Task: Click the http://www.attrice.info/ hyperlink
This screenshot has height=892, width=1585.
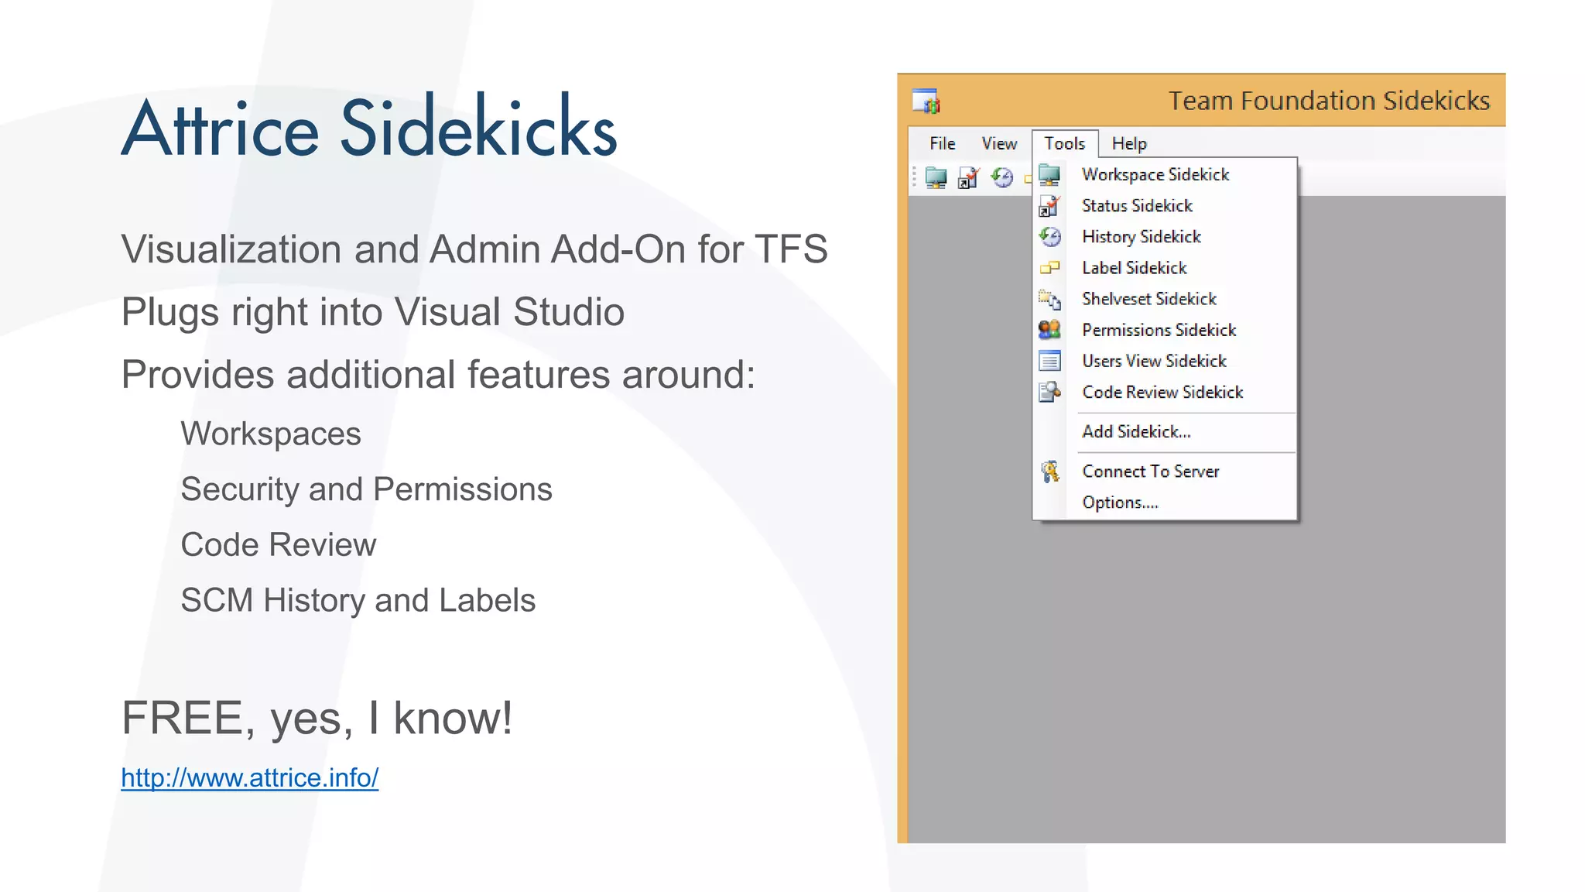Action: point(249,777)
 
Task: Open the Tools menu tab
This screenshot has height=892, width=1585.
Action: point(1064,143)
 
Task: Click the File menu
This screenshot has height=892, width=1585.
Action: point(942,143)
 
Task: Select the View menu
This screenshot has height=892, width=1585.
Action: point(998,143)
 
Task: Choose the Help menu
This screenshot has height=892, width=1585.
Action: point(1128,143)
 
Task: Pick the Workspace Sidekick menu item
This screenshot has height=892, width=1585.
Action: point(1155,174)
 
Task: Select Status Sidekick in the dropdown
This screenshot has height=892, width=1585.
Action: point(1136,205)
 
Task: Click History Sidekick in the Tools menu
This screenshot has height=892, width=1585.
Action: point(1141,236)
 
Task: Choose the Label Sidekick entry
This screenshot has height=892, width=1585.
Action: point(1134,267)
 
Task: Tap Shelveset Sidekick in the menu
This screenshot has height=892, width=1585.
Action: point(1149,298)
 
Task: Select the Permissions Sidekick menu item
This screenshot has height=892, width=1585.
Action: point(1159,330)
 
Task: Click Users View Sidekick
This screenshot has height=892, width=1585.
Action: point(1154,361)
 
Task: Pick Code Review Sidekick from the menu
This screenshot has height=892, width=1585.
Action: point(1162,392)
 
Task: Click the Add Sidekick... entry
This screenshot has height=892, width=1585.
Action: point(1136,431)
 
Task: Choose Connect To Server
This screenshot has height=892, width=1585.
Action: point(1150,471)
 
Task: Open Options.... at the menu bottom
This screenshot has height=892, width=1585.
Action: point(1120,503)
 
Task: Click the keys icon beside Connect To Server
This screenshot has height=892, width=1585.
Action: point(1049,471)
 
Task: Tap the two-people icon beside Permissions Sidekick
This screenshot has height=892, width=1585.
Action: point(1049,330)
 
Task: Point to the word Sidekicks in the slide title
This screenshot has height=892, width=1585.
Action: point(478,128)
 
